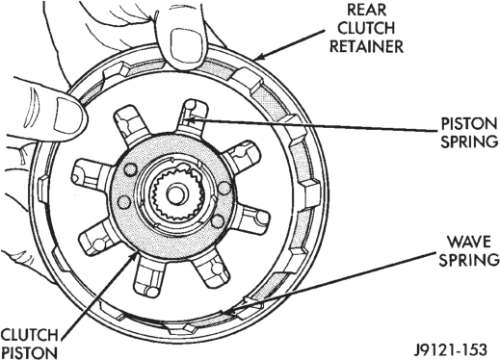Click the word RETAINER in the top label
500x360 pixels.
pyautogui.click(x=366, y=46)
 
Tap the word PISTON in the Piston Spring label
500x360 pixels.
pyautogui.click(x=469, y=123)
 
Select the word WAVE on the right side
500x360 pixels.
pyautogui.click(x=469, y=242)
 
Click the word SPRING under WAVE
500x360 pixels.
pyautogui.click(x=469, y=260)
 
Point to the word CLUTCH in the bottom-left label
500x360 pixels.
pyautogui.click(x=30, y=335)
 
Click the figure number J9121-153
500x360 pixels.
pyautogui.click(x=450, y=349)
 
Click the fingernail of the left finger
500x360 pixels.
pyautogui.click(x=66, y=115)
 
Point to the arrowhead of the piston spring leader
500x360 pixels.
pyautogui.click(x=189, y=120)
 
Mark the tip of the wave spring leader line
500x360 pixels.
pyautogui.click(x=224, y=311)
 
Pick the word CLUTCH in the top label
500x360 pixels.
pyautogui.click(x=366, y=28)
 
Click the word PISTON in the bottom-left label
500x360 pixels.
pyautogui.click(x=30, y=353)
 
